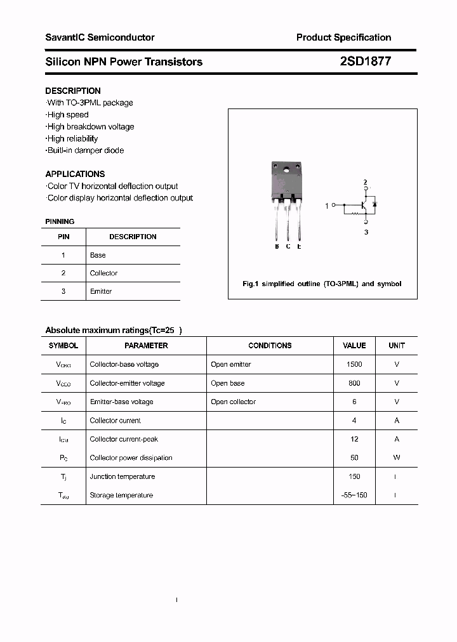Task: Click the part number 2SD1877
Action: pyautogui.click(x=362, y=62)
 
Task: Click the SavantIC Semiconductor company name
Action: pyautogui.click(x=100, y=37)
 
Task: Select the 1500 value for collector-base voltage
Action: pyautogui.click(x=354, y=364)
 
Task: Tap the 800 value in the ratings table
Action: pyautogui.click(x=354, y=383)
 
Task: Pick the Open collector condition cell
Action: pyautogui.click(x=234, y=402)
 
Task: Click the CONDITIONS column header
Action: pyautogui.click(x=270, y=346)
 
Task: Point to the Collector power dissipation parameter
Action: pyautogui.click(x=131, y=457)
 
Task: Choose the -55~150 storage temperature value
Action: pyautogui.click(x=354, y=495)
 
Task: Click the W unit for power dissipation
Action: pyautogui.click(x=397, y=457)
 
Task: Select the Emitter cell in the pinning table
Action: pyautogui.click(x=101, y=291)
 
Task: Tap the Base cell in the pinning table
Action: pyautogui.click(x=98, y=255)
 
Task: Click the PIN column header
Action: pyautogui.click(x=63, y=237)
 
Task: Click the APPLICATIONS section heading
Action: pyautogui.click(x=75, y=174)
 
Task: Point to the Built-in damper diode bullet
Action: pyautogui.click(x=85, y=150)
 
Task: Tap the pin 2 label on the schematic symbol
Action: pyautogui.click(x=365, y=183)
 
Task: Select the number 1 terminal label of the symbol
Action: pyautogui.click(x=327, y=206)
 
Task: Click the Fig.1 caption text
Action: pyautogui.click(x=322, y=284)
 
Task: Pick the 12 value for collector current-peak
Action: pyautogui.click(x=354, y=439)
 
